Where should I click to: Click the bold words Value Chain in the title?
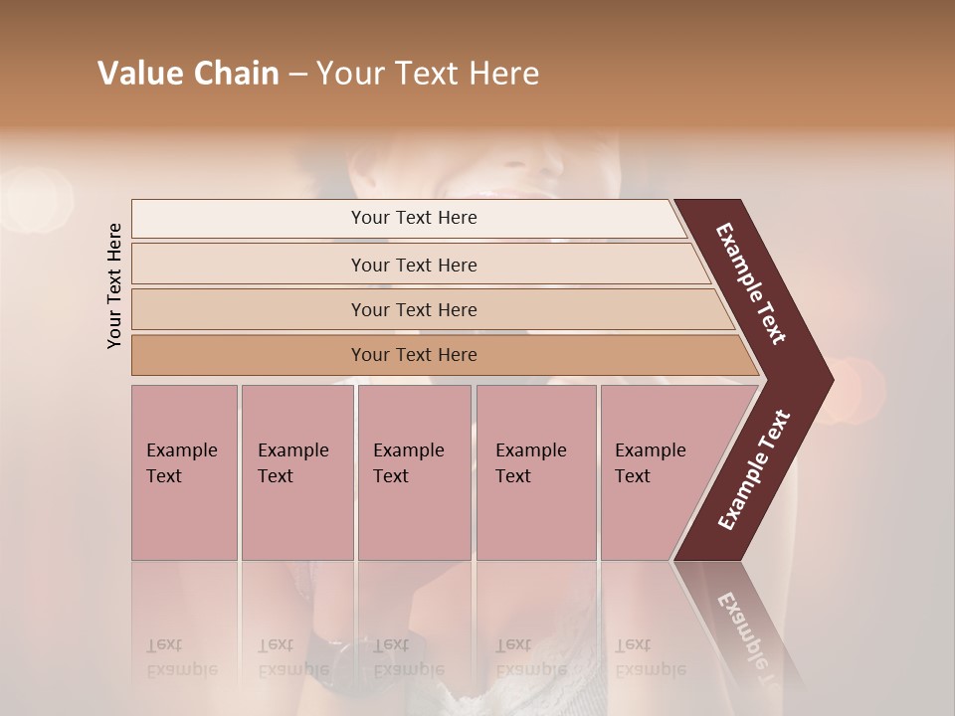(x=188, y=74)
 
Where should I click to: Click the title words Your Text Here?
(x=428, y=74)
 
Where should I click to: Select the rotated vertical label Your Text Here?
(x=114, y=285)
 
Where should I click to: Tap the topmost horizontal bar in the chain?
(x=414, y=218)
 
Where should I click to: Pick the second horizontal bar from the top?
(x=414, y=265)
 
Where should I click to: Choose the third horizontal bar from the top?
(x=414, y=309)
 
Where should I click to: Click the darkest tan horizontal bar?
(x=414, y=355)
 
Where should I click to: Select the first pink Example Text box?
(x=184, y=472)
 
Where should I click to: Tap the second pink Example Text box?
(x=296, y=472)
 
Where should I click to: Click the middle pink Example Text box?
(x=414, y=472)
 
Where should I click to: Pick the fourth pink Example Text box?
(x=535, y=472)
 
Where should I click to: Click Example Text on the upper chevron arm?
(x=752, y=283)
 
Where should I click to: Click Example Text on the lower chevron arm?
(x=754, y=469)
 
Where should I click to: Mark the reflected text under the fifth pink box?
(x=650, y=656)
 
